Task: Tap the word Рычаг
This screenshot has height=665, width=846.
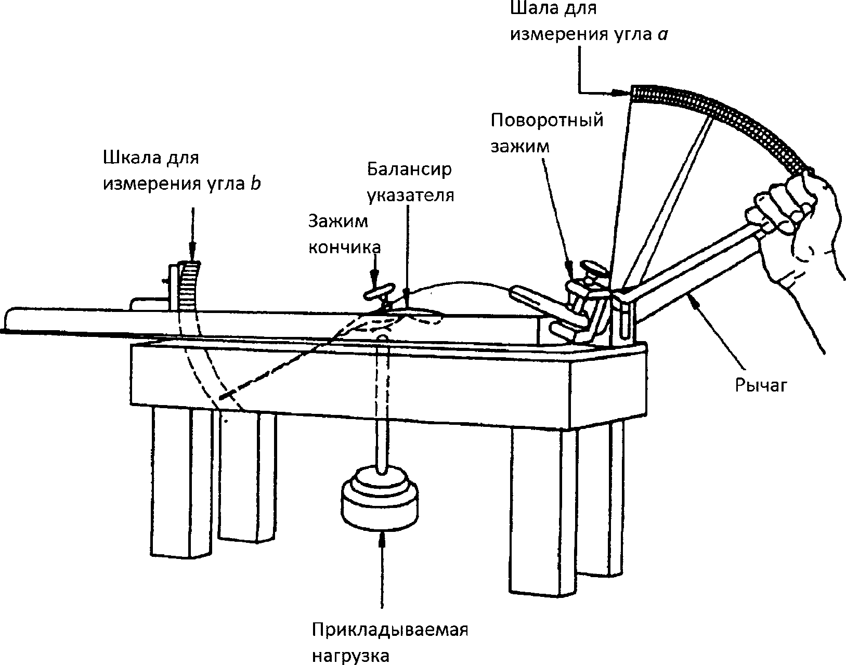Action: (x=762, y=385)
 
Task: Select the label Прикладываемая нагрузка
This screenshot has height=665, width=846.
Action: (x=390, y=642)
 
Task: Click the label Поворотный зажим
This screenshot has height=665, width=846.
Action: (x=546, y=133)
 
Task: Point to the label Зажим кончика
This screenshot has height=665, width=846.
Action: (x=344, y=234)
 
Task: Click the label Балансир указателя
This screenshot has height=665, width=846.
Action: (x=410, y=182)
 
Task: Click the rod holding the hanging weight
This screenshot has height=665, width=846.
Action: (x=382, y=406)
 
